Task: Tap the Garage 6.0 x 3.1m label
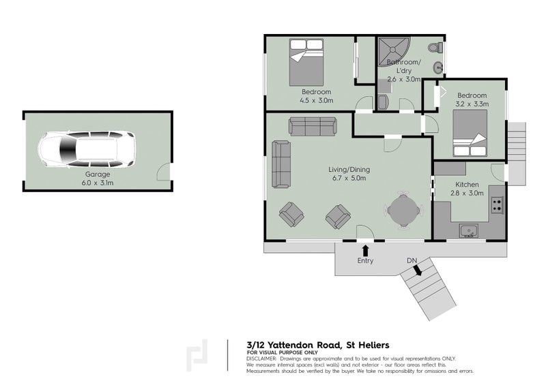94,179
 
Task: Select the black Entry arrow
366,250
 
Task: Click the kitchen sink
469,232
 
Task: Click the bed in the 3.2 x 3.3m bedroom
469,134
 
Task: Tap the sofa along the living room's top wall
313,126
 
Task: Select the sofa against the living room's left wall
280,164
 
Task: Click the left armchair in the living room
291,215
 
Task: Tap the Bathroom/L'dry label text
404,67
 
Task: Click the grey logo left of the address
198,354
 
